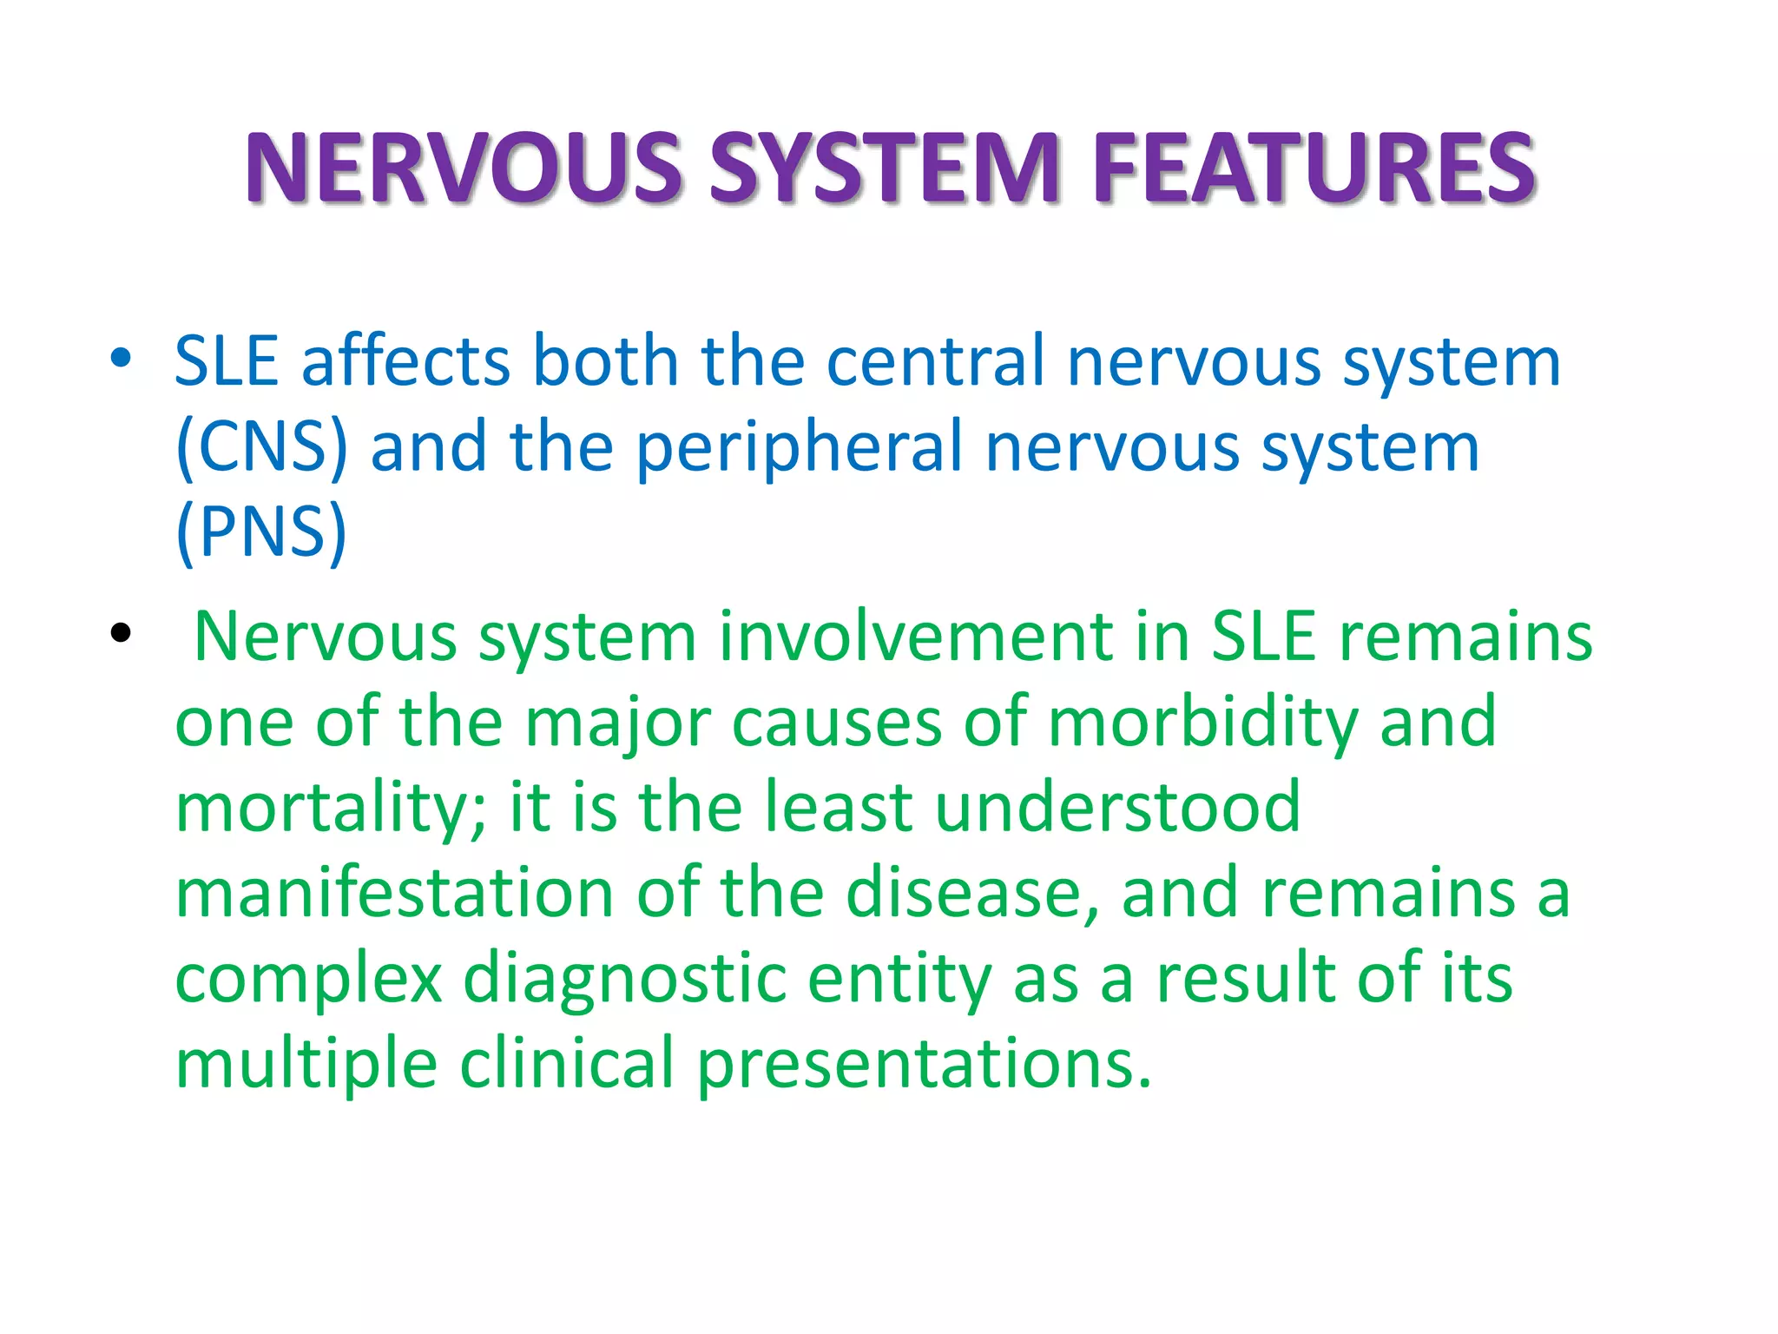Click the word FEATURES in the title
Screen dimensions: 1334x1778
(1314, 168)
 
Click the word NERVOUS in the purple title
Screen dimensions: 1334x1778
(464, 168)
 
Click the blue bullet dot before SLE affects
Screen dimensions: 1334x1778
(121, 357)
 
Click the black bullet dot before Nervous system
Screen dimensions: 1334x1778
(121, 633)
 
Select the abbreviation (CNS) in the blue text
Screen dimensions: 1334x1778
(261, 448)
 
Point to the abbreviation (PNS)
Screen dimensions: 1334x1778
(261, 532)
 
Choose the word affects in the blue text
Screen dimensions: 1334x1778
(405, 361)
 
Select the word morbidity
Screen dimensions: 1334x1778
(1202, 723)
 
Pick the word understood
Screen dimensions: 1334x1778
(1117, 808)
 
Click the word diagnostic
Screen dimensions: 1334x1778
(624, 981)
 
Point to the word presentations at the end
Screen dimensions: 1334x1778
(924, 1066)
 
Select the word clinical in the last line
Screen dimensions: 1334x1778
(566, 1064)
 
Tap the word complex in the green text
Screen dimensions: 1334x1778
(309, 981)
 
